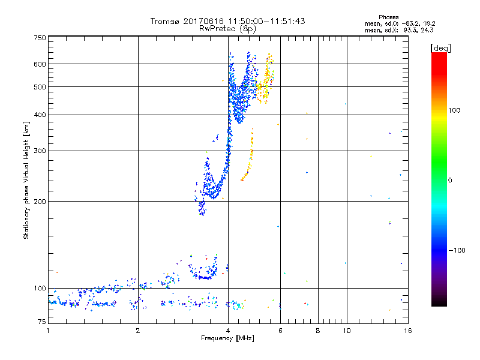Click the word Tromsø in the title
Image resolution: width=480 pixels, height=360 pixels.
[165, 21]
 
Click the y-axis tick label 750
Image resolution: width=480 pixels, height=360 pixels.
[40, 37]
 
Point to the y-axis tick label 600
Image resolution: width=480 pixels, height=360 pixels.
[40, 64]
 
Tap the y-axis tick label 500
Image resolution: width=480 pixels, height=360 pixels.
[40, 87]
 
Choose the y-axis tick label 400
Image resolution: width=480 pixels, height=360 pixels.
[40, 115]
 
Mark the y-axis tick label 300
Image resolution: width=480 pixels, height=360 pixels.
[40, 151]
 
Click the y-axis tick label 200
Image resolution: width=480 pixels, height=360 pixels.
[40, 202]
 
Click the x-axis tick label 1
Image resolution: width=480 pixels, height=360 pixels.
[48, 331]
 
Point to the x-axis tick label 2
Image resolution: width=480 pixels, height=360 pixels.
[138, 331]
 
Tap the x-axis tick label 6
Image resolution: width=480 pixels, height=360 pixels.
[280, 331]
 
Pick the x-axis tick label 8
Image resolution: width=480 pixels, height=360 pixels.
[318, 331]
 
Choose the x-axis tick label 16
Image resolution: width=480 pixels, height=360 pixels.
[407, 331]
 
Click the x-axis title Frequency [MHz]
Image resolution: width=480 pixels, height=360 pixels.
[227, 339]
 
